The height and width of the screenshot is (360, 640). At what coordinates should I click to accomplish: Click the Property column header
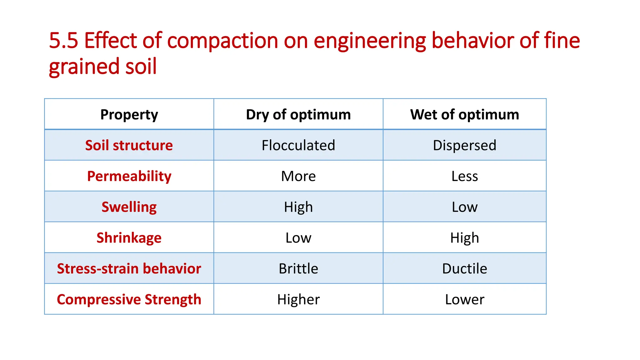click(x=129, y=114)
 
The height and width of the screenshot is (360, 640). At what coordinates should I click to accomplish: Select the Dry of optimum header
click(x=298, y=114)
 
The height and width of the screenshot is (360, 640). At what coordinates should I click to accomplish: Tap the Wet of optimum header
click(x=464, y=114)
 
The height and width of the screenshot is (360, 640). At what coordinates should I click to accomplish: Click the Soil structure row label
click(x=129, y=145)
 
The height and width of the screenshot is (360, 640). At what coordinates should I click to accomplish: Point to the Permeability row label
click(x=129, y=176)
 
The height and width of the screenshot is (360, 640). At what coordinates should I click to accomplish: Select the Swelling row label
click(x=129, y=207)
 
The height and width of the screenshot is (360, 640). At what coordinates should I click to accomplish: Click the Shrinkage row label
click(x=129, y=238)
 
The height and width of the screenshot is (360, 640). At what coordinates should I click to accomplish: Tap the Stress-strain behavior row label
click(x=129, y=268)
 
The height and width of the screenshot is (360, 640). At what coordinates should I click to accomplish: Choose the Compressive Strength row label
click(x=129, y=299)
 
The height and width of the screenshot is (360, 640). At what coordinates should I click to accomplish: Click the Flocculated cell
click(x=298, y=145)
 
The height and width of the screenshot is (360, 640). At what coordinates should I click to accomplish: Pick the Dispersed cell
click(x=464, y=145)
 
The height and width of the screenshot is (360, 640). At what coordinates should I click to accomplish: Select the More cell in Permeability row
click(x=298, y=176)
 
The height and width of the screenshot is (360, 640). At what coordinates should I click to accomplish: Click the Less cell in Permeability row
click(x=464, y=176)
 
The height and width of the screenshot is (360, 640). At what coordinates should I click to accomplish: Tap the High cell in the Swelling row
click(x=298, y=207)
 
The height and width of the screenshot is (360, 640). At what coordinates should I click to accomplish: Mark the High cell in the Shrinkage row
click(x=464, y=238)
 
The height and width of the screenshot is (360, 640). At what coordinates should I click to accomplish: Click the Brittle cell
click(x=298, y=268)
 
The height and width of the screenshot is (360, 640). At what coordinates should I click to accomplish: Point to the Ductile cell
click(x=464, y=268)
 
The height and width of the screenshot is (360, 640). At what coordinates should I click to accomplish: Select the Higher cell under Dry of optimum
click(x=298, y=299)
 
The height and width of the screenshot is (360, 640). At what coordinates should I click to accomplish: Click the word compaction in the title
click(x=222, y=41)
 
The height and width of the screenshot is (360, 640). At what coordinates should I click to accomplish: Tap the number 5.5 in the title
click(x=63, y=41)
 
